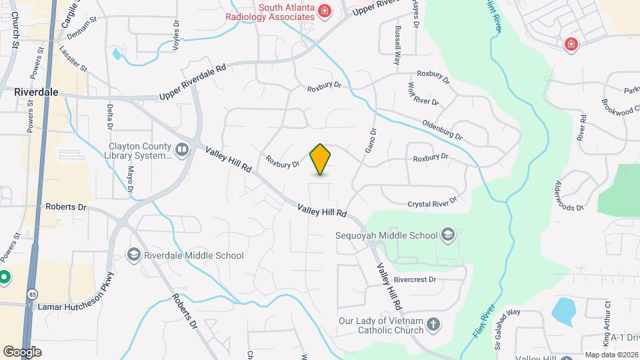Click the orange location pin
pos(321,159)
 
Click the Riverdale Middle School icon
pos(133,255)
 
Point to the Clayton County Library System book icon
pos(182,149)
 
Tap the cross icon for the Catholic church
pos(433,325)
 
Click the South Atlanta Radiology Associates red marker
pos(324,11)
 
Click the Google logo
pos(22,351)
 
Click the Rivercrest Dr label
pos(414,279)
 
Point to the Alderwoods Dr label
pos(569,195)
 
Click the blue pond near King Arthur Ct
pos(564,309)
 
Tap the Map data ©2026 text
pos(610,355)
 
